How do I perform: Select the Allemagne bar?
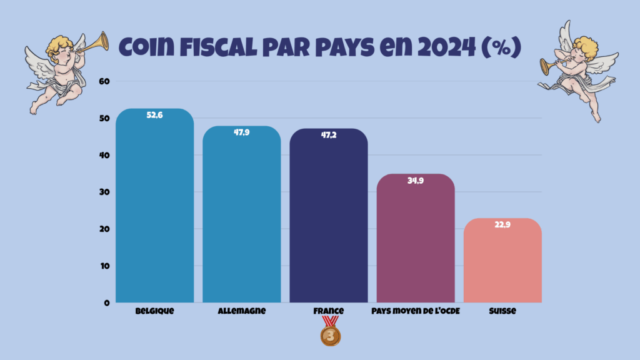point(241,219)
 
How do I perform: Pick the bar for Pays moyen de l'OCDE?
point(415,244)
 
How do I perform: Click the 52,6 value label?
point(154,115)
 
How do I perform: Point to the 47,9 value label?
point(241,132)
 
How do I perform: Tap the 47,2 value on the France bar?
point(328,135)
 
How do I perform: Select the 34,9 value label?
point(415,181)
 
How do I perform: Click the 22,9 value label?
point(502,225)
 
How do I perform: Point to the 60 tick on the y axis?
point(104,81)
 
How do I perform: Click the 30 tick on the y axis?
point(104,192)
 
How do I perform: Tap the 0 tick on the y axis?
point(106,302)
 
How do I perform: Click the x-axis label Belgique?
point(154,311)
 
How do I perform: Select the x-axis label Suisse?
point(502,311)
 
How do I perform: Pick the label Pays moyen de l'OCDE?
point(415,311)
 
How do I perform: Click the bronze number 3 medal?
point(331,336)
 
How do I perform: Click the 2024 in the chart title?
point(441,47)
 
